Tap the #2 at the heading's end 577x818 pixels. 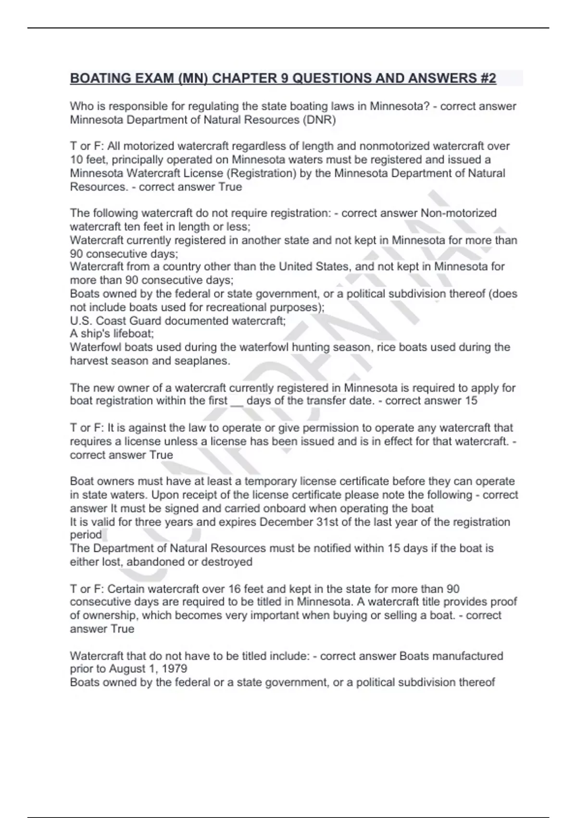tap(487, 78)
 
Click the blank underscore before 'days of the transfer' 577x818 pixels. tap(237, 401)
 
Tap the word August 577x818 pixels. tap(128, 669)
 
